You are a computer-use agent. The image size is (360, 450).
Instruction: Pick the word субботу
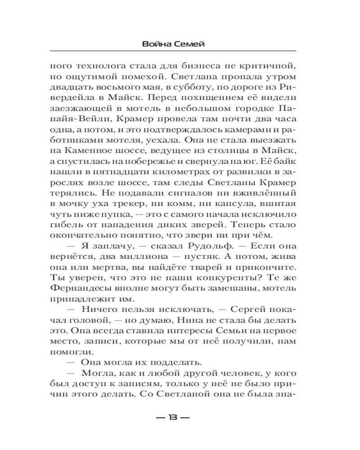pos(190,88)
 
